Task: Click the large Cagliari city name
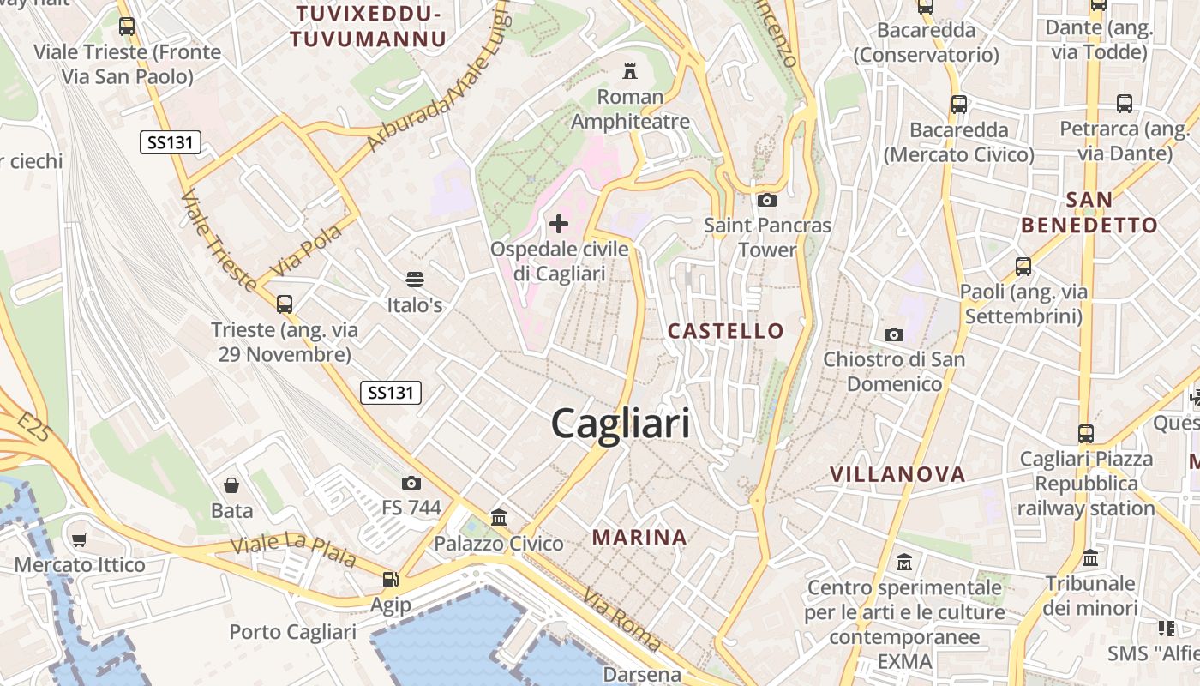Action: pos(620,424)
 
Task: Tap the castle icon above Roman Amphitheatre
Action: pos(631,69)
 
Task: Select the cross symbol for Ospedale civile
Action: pos(559,225)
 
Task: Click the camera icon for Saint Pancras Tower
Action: pos(767,200)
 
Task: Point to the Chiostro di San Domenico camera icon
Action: pos(894,334)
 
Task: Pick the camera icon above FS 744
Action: pos(411,483)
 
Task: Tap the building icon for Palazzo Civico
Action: pos(499,517)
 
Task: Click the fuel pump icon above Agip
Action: pos(391,580)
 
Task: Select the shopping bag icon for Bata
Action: pos(231,485)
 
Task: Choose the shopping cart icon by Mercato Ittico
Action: pos(80,539)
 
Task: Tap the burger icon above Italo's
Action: pos(415,279)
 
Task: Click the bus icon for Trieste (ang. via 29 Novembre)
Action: pos(284,304)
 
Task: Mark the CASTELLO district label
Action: pos(725,331)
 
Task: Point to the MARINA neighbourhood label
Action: pos(639,538)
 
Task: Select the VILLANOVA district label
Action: pos(897,474)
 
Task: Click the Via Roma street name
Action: pos(622,619)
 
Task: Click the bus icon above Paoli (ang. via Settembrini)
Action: pos(1023,266)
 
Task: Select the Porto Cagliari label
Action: pos(292,632)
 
